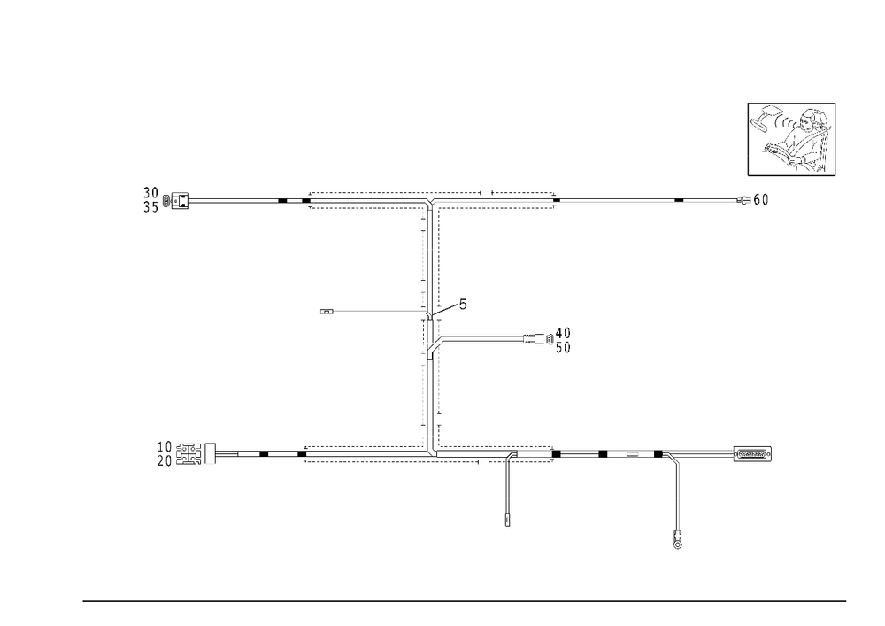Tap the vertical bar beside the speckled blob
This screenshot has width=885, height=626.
pos(750,133)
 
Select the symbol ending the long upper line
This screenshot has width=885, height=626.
pos(757,201)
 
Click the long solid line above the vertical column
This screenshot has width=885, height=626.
pos(646,203)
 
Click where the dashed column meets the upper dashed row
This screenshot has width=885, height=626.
pos(430,204)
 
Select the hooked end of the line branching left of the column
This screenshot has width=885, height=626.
pos(325,312)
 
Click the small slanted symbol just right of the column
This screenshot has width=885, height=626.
pos(453,307)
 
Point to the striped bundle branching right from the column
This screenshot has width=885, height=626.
pos(482,338)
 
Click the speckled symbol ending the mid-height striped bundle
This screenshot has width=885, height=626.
pos(558,338)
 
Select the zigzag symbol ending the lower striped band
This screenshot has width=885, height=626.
pos(754,454)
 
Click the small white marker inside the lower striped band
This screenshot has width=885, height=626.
pos(634,454)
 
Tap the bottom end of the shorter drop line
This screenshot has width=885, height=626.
pos(506,522)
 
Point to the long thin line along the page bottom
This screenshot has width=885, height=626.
pos(465,600)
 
